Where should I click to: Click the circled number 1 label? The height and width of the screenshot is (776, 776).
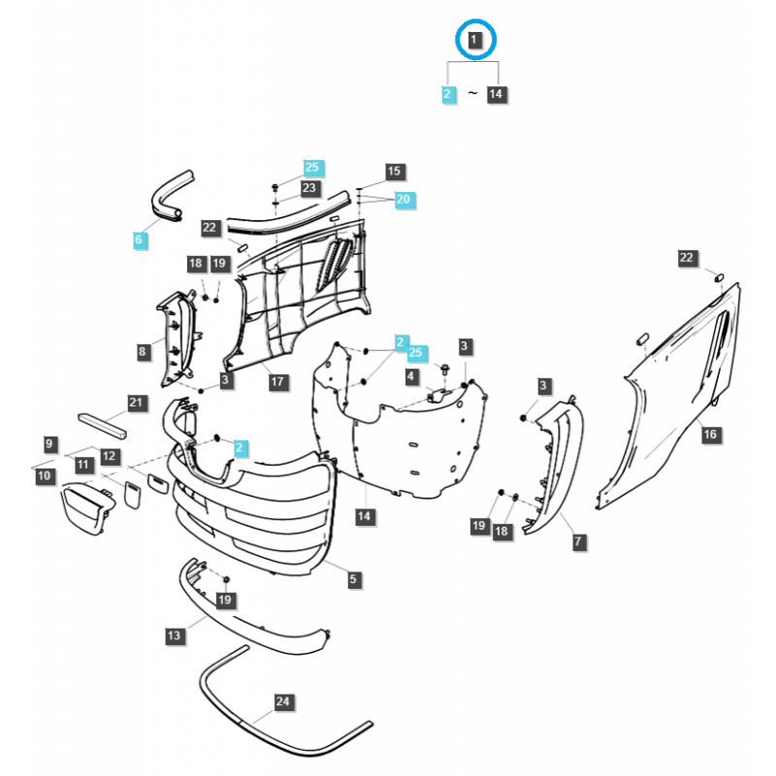(x=474, y=41)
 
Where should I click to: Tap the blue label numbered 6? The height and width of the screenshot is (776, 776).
(x=140, y=240)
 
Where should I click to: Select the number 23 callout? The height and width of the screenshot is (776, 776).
(x=309, y=188)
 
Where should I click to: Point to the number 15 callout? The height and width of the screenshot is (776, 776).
(x=394, y=172)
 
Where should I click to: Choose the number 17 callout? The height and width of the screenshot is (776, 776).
(x=277, y=381)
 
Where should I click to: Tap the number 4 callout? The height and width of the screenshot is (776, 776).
(x=411, y=375)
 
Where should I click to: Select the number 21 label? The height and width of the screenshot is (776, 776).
(x=136, y=403)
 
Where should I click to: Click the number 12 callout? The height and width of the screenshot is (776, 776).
(x=110, y=456)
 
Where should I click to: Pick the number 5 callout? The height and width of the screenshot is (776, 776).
(x=354, y=579)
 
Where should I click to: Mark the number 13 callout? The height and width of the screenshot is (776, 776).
(x=174, y=635)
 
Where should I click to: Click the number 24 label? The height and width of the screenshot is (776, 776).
(x=282, y=701)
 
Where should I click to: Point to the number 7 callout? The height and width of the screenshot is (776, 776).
(x=578, y=541)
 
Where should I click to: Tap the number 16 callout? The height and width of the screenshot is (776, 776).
(x=710, y=434)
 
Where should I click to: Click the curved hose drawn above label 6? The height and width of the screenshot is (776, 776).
(x=169, y=195)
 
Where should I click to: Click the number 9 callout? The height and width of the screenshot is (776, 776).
(x=50, y=443)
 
